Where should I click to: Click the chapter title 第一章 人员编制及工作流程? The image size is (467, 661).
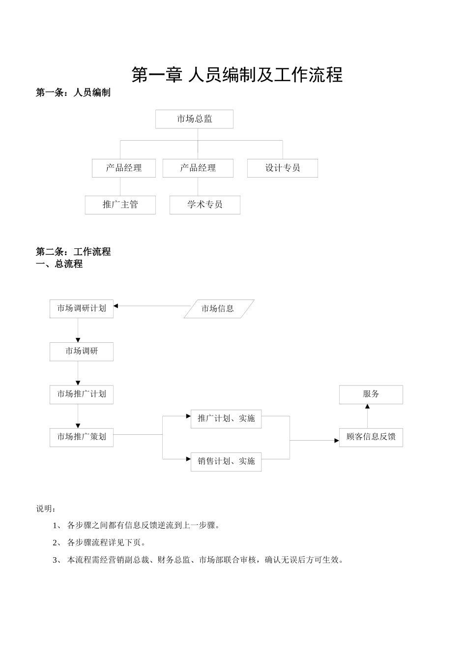pyautogui.click(x=237, y=75)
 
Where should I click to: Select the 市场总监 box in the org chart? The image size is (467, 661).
pyautogui.click(x=194, y=119)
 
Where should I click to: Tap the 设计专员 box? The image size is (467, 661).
pyautogui.click(x=282, y=168)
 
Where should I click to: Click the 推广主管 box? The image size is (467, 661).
pyautogui.click(x=120, y=205)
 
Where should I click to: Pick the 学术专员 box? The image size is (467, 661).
pyautogui.click(x=204, y=205)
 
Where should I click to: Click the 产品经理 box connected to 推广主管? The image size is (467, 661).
pyautogui.click(x=123, y=168)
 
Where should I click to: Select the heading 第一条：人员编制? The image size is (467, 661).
pyautogui.click(x=73, y=92)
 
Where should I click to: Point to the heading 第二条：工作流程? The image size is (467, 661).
pyautogui.click(x=73, y=252)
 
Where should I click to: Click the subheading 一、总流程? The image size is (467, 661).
pyautogui.click(x=59, y=264)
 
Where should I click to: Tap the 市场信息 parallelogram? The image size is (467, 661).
pyautogui.click(x=218, y=309)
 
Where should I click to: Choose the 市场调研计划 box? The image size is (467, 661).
pyautogui.click(x=81, y=309)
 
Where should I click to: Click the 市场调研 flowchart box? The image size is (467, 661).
pyautogui.click(x=81, y=352)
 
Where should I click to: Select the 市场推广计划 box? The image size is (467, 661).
pyautogui.click(x=81, y=394)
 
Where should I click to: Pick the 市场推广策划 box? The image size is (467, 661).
pyautogui.click(x=81, y=437)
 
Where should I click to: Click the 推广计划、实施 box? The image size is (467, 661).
pyautogui.click(x=226, y=419)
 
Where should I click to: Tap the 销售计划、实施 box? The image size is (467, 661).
pyautogui.click(x=226, y=462)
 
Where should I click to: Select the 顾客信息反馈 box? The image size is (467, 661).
pyautogui.click(x=371, y=437)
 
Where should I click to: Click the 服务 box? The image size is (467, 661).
pyautogui.click(x=371, y=394)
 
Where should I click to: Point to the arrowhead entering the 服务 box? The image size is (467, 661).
pyautogui.click(x=367, y=407)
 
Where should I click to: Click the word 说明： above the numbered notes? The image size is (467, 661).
pyautogui.click(x=46, y=509)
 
